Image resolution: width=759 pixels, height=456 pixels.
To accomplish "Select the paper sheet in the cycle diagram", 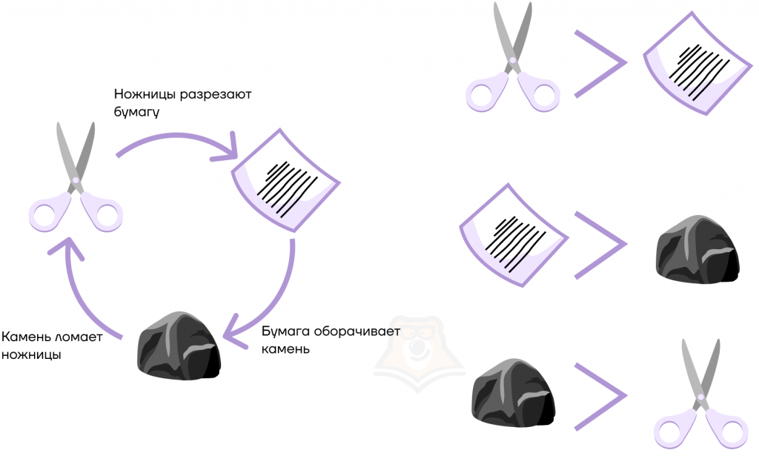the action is click(x=285, y=181).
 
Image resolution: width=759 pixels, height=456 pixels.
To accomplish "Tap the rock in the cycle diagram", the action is click(x=179, y=346).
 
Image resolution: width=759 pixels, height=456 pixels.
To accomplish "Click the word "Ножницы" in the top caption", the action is click(x=145, y=94).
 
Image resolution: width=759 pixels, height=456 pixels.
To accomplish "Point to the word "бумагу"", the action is click(x=136, y=112).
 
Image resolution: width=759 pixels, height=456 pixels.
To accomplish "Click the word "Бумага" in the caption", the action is click(x=285, y=331).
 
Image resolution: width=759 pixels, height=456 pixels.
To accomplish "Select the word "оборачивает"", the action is click(x=357, y=331).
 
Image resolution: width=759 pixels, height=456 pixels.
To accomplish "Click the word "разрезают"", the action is click(x=216, y=94).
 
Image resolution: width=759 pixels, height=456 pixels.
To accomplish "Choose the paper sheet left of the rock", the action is click(x=514, y=235).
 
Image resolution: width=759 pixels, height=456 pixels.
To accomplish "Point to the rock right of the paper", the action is click(x=697, y=249).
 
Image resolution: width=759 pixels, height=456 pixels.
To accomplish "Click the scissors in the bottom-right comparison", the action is click(x=701, y=394).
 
